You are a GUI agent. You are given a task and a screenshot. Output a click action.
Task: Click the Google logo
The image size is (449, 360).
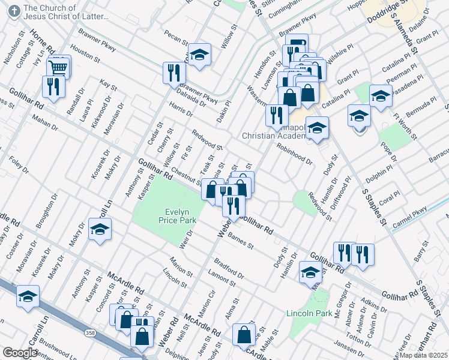(20, 352)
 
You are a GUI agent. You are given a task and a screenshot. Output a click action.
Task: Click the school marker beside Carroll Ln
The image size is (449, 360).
(100, 230)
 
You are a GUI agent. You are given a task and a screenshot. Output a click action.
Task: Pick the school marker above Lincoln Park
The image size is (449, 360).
(310, 274)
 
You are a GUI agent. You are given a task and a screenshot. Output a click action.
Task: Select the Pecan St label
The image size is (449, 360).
(176, 38)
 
